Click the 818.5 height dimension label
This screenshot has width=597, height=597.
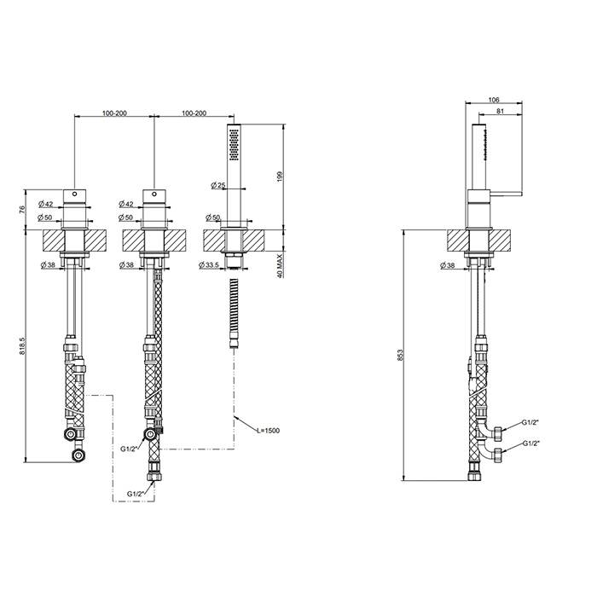pos(21,346)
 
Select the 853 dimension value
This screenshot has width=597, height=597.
pos(400,355)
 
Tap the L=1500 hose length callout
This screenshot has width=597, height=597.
pos(268,431)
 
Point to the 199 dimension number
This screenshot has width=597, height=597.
pos(281,176)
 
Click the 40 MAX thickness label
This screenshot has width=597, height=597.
pos(281,265)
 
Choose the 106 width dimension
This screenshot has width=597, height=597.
pos(494,100)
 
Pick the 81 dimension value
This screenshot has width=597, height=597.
pos(501,111)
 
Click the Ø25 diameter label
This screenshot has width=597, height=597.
pos(218,185)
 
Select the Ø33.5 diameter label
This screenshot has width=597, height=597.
pos(209,264)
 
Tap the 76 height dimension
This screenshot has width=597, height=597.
pos(21,209)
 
